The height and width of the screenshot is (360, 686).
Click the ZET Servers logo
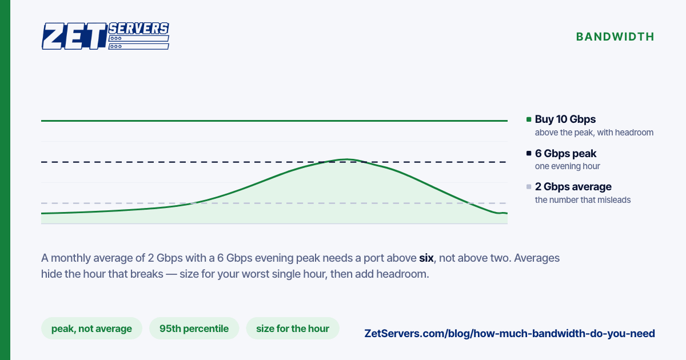coord(105,36)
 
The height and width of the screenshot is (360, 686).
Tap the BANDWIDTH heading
coord(615,37)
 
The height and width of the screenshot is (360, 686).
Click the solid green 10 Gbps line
coord(274,121)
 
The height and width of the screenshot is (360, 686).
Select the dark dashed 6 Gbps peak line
coord(274,162)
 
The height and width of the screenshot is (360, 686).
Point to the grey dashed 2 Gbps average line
coord(274,203)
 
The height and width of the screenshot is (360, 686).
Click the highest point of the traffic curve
coord(346,159)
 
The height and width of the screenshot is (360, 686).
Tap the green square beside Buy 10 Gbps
coord(529,119)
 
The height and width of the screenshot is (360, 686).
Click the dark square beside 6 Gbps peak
coord(529,153)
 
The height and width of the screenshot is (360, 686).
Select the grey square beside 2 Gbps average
coord(529,187)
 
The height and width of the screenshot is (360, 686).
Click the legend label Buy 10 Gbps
coord(565,119)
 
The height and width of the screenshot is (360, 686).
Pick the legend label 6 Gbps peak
coord(565,153)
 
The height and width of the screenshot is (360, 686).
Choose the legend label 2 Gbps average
coord(573,187)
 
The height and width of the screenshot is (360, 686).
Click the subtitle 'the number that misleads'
coord(583,200)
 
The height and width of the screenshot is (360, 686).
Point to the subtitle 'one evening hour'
coord(568,166)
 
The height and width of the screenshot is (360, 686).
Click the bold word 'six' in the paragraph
coord(426,258)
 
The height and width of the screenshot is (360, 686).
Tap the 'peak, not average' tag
coord(91,329)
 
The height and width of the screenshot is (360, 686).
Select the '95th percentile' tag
coord(194,329)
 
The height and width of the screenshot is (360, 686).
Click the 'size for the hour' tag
coord(293,329)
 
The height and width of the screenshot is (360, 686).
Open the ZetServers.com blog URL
coord(509,333)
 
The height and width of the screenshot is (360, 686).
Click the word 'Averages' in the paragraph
coord(537,258)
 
